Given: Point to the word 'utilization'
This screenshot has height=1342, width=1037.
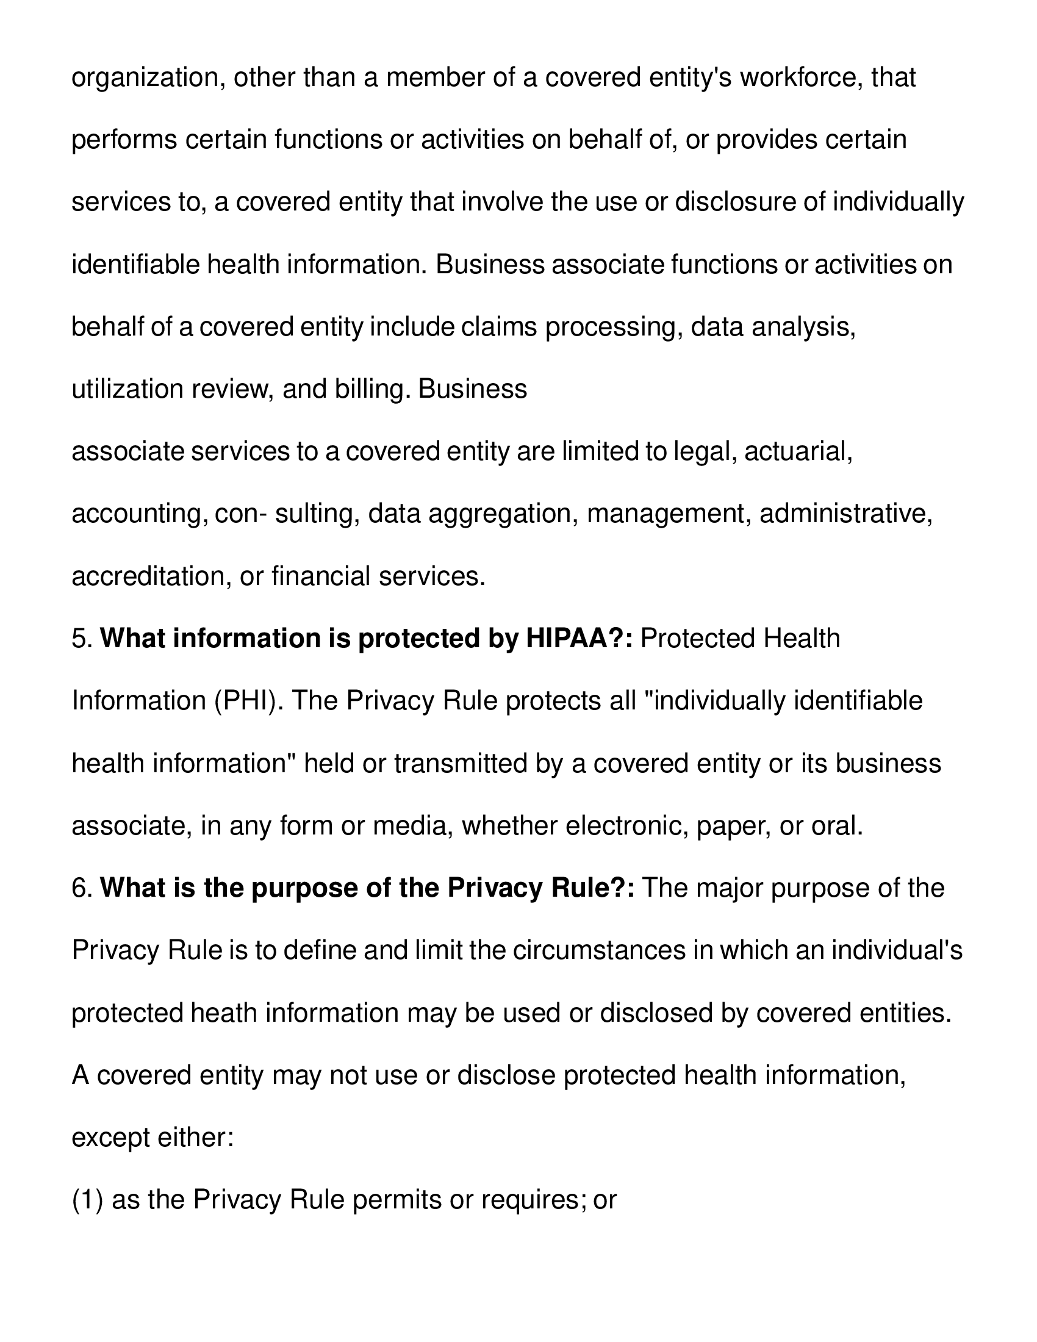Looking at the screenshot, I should [x=127, y=390].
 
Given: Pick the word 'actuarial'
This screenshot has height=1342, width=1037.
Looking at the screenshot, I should [x=798, y=451].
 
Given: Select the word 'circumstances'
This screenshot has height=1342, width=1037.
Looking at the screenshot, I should [x=599, y=951].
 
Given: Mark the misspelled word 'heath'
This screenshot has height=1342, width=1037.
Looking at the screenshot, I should [x=224, y=1013].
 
